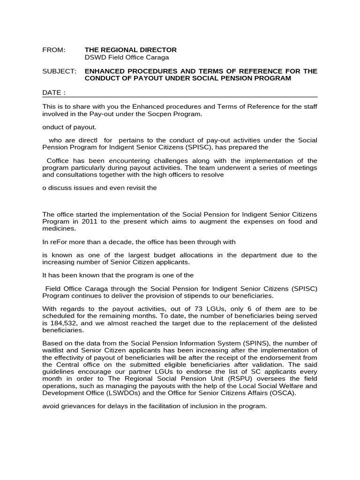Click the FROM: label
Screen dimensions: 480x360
pyautogui.click(x=54, y=50)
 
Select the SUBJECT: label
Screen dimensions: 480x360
pyautogui.click(x=59, y=71)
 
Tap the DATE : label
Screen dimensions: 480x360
pyautogui.click(x=54, y=93)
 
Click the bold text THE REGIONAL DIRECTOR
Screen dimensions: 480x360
pyautogui.click(x=130, y=50)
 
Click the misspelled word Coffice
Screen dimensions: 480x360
pyautogui.click(x=58, y=160)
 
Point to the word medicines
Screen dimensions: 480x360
pyautogui.click(x=59, y=229)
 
